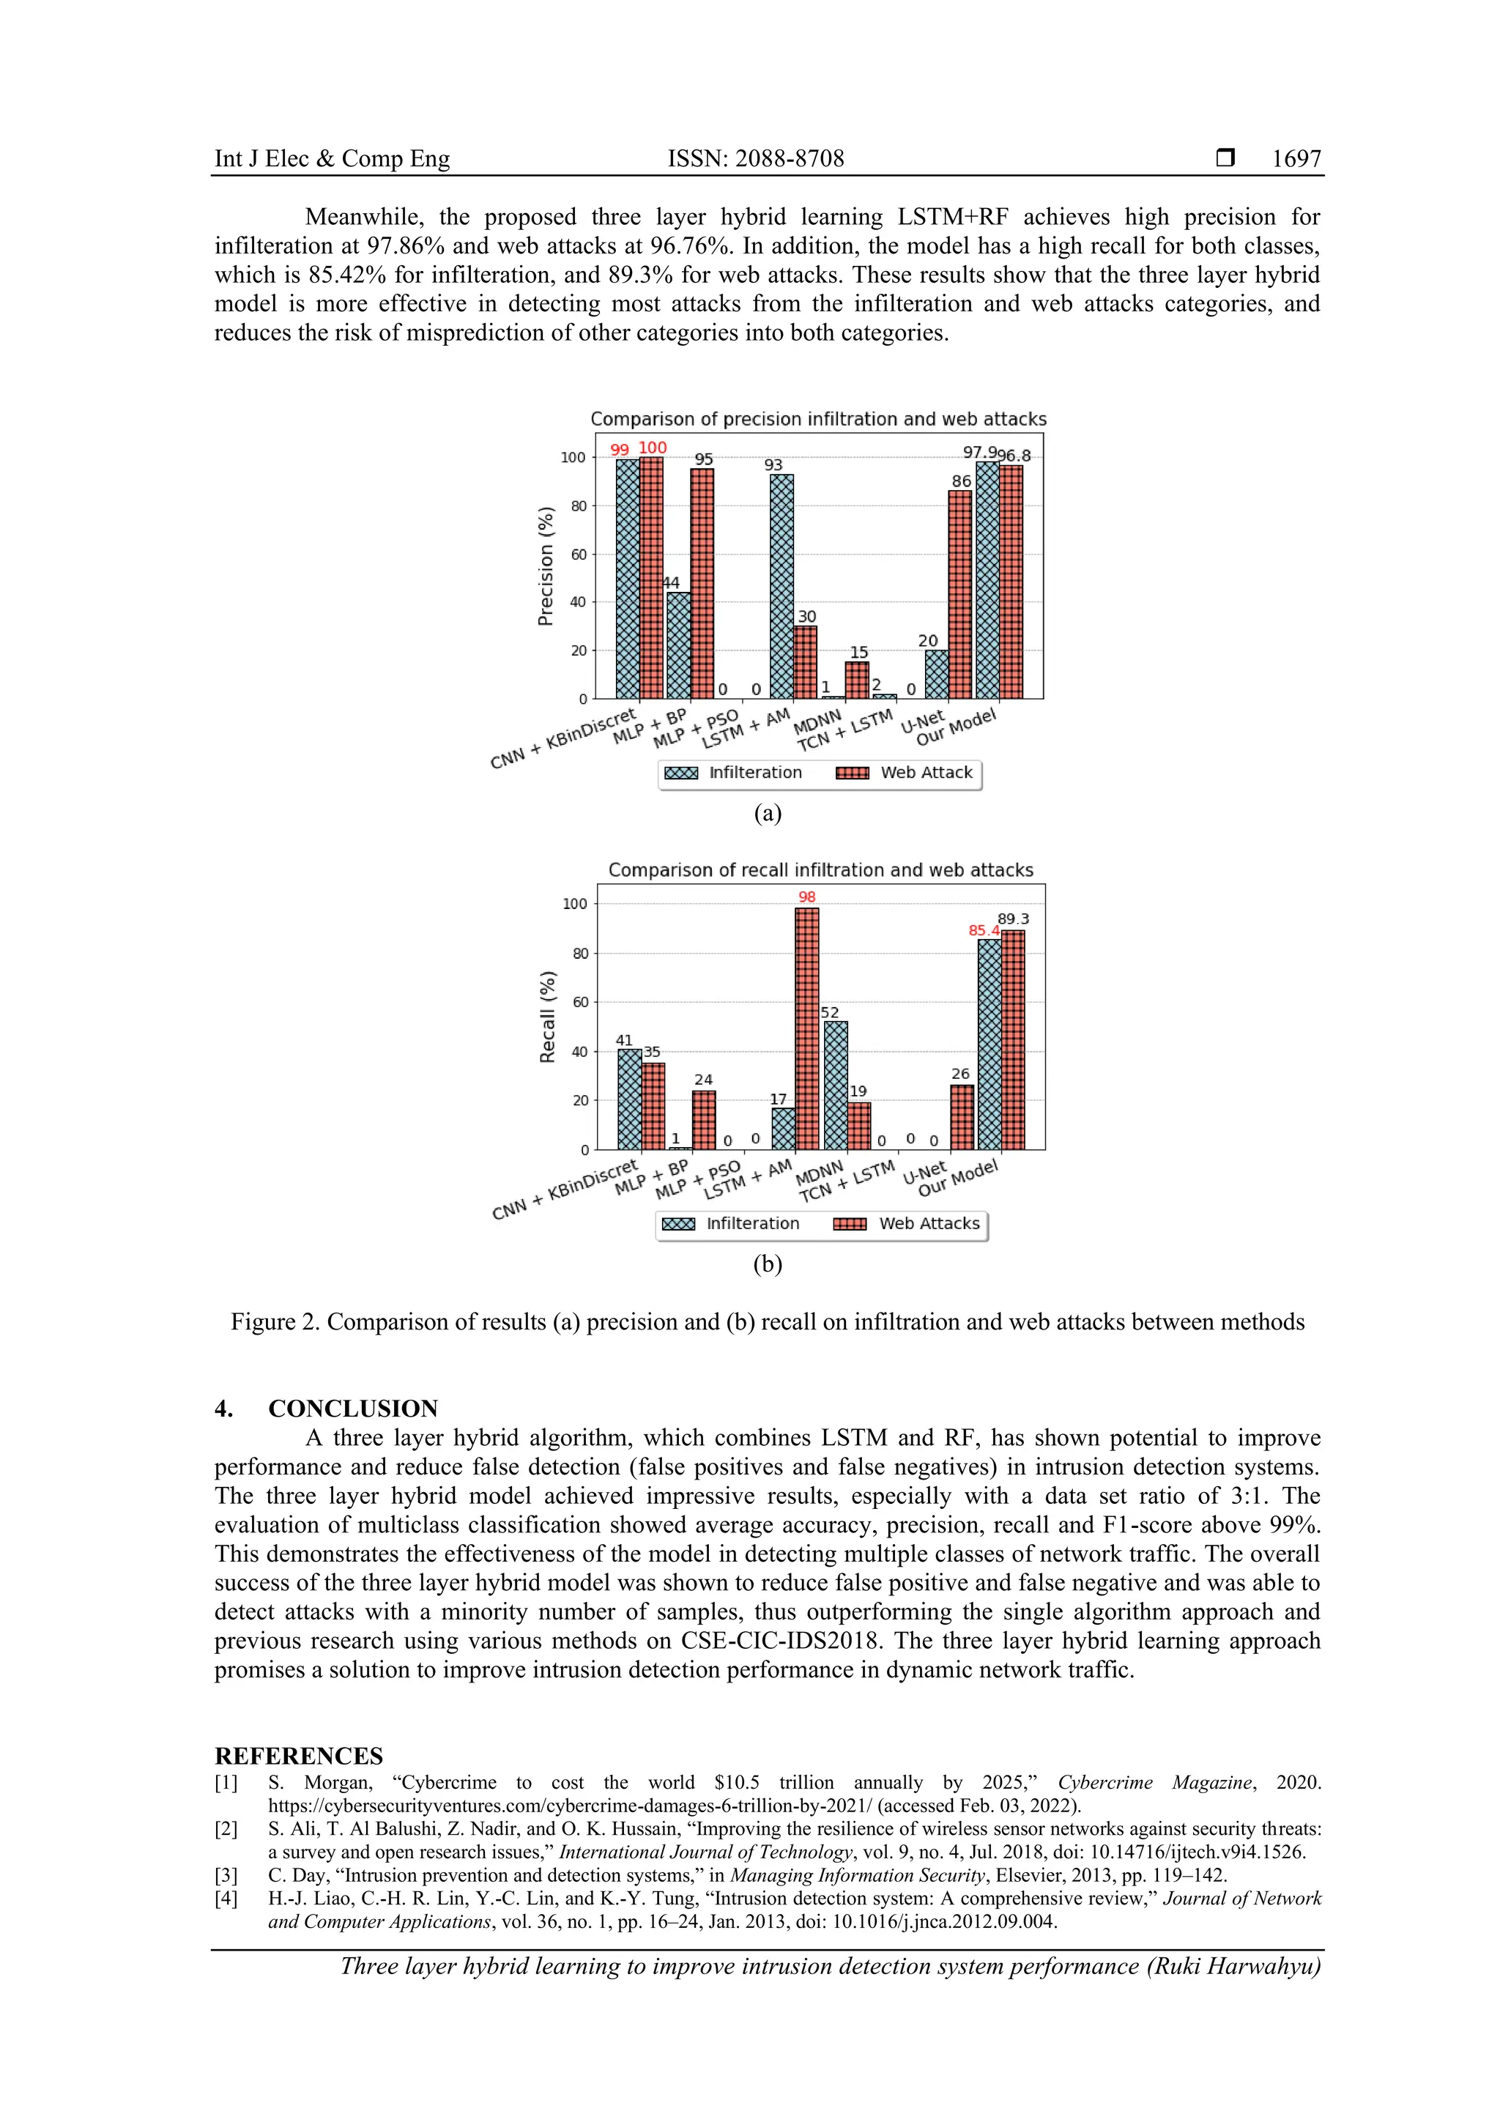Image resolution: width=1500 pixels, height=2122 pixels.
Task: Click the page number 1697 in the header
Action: pyautogui.click(x=1296, y=159)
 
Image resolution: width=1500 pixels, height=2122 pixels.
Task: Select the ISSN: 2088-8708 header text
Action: pyautogui.click(x=755, y=159)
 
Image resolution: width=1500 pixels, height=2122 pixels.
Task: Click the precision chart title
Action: pyautogui.click(x=818, y=420)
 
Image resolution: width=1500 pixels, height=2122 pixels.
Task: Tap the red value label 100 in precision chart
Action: pyautogui.click(x=653, y=448)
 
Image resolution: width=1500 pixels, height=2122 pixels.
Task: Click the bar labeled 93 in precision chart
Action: pyautogui.click(x=782, y=586)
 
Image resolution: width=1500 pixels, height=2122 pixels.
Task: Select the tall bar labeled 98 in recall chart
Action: pyautogui.click(x=807, y=1028)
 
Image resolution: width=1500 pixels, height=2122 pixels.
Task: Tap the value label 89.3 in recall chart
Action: pyautogui.click(x=1013, y=919)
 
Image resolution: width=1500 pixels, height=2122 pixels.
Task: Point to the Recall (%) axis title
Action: pyautogui.click(x=547, y=1017)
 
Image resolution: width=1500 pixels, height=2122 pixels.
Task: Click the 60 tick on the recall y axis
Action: pyautogui.click(x=579, y=1002)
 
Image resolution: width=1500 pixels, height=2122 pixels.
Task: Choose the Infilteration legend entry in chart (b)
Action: pyautogui.click(x=730, y=1224)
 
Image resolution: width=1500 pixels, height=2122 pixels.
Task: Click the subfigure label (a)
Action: pyautogui.click(x=767, y=813)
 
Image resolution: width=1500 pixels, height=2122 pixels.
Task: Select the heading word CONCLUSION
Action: pyautogui.click(x=353, y=1409)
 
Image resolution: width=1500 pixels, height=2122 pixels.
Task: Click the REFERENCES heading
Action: pyautogui.click(x=299, y=1756)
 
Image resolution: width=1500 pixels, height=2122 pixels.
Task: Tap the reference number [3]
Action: pyautogui.click(x=226, y=1875)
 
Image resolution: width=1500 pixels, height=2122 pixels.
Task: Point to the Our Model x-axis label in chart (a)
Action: pyautogui.click(x=956, y=728)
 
